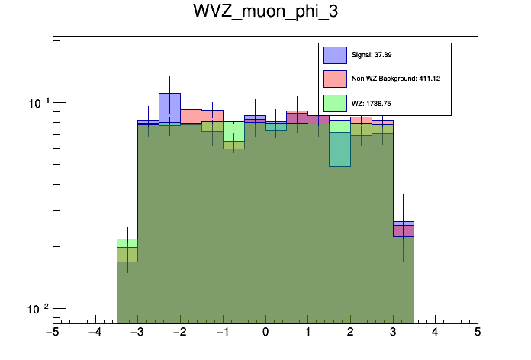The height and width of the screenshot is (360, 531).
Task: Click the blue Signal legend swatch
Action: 335,55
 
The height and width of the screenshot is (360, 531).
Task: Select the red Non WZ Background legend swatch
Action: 335,79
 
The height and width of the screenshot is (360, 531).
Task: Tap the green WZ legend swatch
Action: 335,102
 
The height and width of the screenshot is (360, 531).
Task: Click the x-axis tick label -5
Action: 52,333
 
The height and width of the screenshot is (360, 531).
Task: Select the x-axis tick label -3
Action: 137,333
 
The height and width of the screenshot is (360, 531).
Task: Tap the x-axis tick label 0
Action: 265,333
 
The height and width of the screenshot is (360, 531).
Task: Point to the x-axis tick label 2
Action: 350,333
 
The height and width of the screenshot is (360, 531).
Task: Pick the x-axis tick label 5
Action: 478,333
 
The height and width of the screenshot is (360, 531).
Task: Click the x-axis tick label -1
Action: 222,333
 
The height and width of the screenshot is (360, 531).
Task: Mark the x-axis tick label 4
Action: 435,333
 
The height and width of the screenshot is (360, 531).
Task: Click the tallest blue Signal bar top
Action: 169,95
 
